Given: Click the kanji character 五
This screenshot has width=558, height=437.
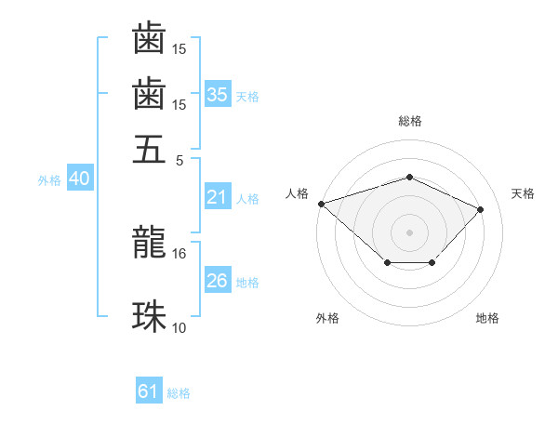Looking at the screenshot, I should (149, 149).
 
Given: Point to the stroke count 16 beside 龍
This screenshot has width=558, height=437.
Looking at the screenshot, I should (179, 253).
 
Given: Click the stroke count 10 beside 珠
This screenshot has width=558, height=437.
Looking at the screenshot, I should (179, 327).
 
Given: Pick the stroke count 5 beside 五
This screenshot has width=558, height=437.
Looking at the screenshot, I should (180, 159).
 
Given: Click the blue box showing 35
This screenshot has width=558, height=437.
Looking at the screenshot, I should (217, 95).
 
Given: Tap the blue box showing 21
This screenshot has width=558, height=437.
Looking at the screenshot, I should (217, 197).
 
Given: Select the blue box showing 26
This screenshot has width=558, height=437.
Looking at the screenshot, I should (217, 281).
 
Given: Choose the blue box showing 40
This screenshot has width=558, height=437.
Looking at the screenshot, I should (79, 179).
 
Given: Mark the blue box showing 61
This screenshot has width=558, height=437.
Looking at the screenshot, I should (148, 392).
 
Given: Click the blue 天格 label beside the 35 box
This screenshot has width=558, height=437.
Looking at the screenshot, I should (246, 97).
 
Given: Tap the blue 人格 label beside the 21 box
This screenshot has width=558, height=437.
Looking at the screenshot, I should (246, 199).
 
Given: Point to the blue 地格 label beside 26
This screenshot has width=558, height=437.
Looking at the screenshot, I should (246, 283).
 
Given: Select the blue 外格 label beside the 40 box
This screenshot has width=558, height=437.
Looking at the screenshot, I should (49, 180).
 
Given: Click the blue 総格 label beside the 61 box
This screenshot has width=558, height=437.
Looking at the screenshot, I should (179, 394).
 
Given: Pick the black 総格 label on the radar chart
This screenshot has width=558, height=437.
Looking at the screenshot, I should (409, 121).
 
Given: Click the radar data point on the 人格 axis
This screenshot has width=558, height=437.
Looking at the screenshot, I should (321, 204).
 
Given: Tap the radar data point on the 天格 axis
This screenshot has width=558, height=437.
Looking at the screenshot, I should (480, 209).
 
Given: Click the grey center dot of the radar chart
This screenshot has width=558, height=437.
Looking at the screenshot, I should (409, 232).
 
